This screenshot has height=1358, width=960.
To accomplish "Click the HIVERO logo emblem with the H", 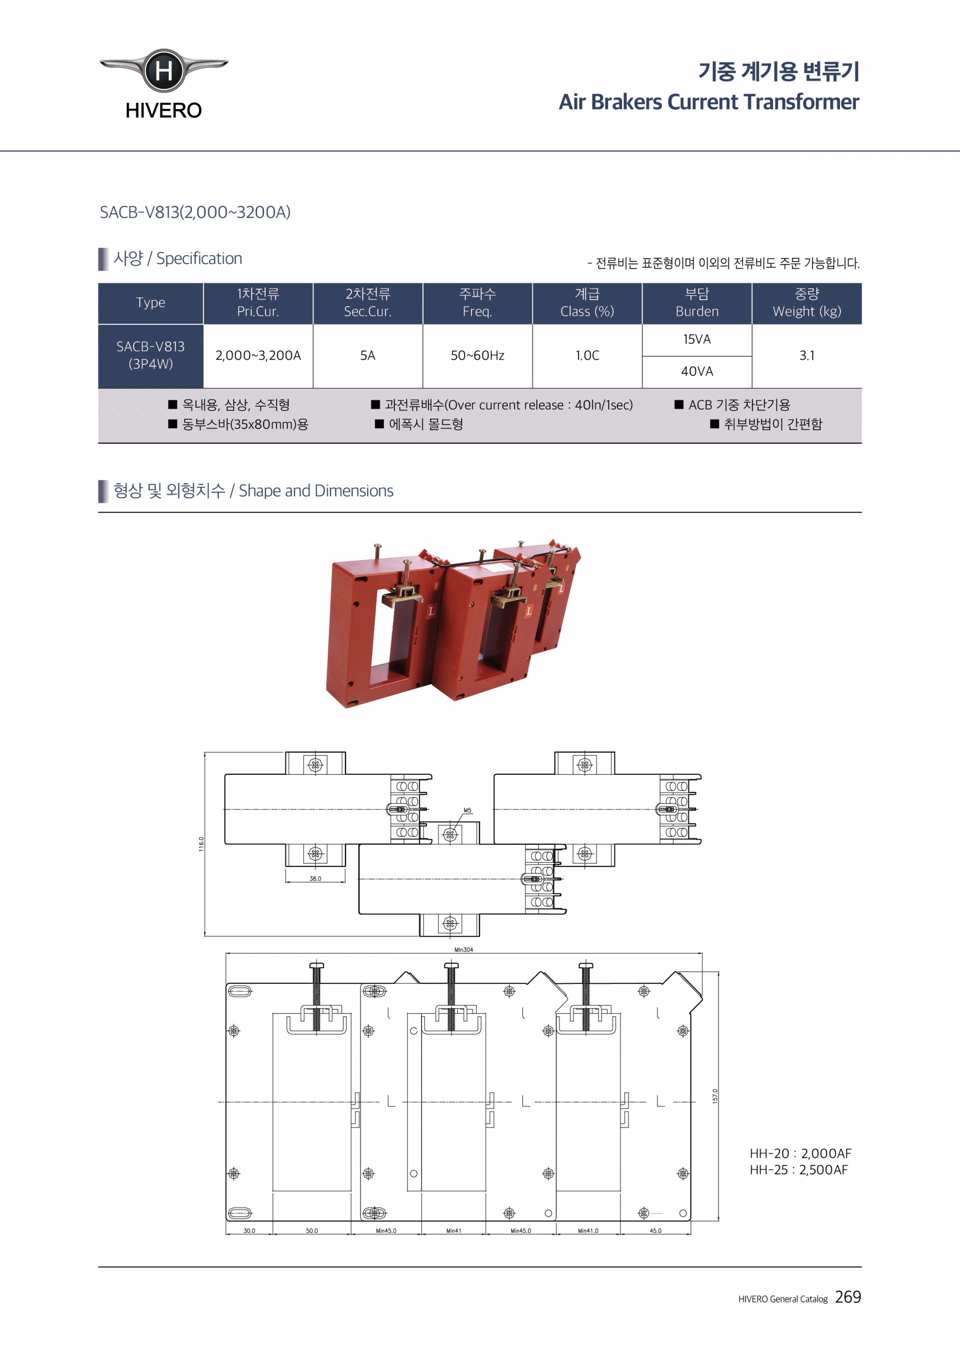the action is pyautogui.click(x=163, y=71).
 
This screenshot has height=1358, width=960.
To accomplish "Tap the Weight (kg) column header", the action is pyautogui.click(x=806, y=303).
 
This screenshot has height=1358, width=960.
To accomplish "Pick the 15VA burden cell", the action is pyautogui.click(x=697, y=340).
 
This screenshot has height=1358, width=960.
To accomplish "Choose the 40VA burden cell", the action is pyautogui.click(x=697, y=372).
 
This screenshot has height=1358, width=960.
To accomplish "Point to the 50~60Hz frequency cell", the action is pyautogui.click(x=477, y=356).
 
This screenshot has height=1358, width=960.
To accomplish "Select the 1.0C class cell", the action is pyautogui.click(x=587, y=356).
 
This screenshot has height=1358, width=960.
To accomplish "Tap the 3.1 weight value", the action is pyautogui.click(x=806, y=356).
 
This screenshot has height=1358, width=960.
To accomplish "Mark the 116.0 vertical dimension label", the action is pyautogui.click(x=201, y=844).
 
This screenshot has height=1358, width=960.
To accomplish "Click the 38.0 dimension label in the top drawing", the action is pyautogui.click(x=315, y=878).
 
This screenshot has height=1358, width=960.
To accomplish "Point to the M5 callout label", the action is pyautogui.click(x=467, y=810).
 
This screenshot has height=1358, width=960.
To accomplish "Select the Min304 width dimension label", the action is pyautogui.click(x=463, y=950).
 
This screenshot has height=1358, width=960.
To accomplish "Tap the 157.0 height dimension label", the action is pyautogui.click(x=714, y=1096).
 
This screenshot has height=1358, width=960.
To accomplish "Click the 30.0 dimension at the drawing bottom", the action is pyautogui.click(x=249, y=1231).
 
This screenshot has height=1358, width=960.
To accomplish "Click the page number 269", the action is pyautogui.click(x=847, y=1297).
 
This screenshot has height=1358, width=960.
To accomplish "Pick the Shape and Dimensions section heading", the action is pyautogui.click(x=253, y=491).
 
